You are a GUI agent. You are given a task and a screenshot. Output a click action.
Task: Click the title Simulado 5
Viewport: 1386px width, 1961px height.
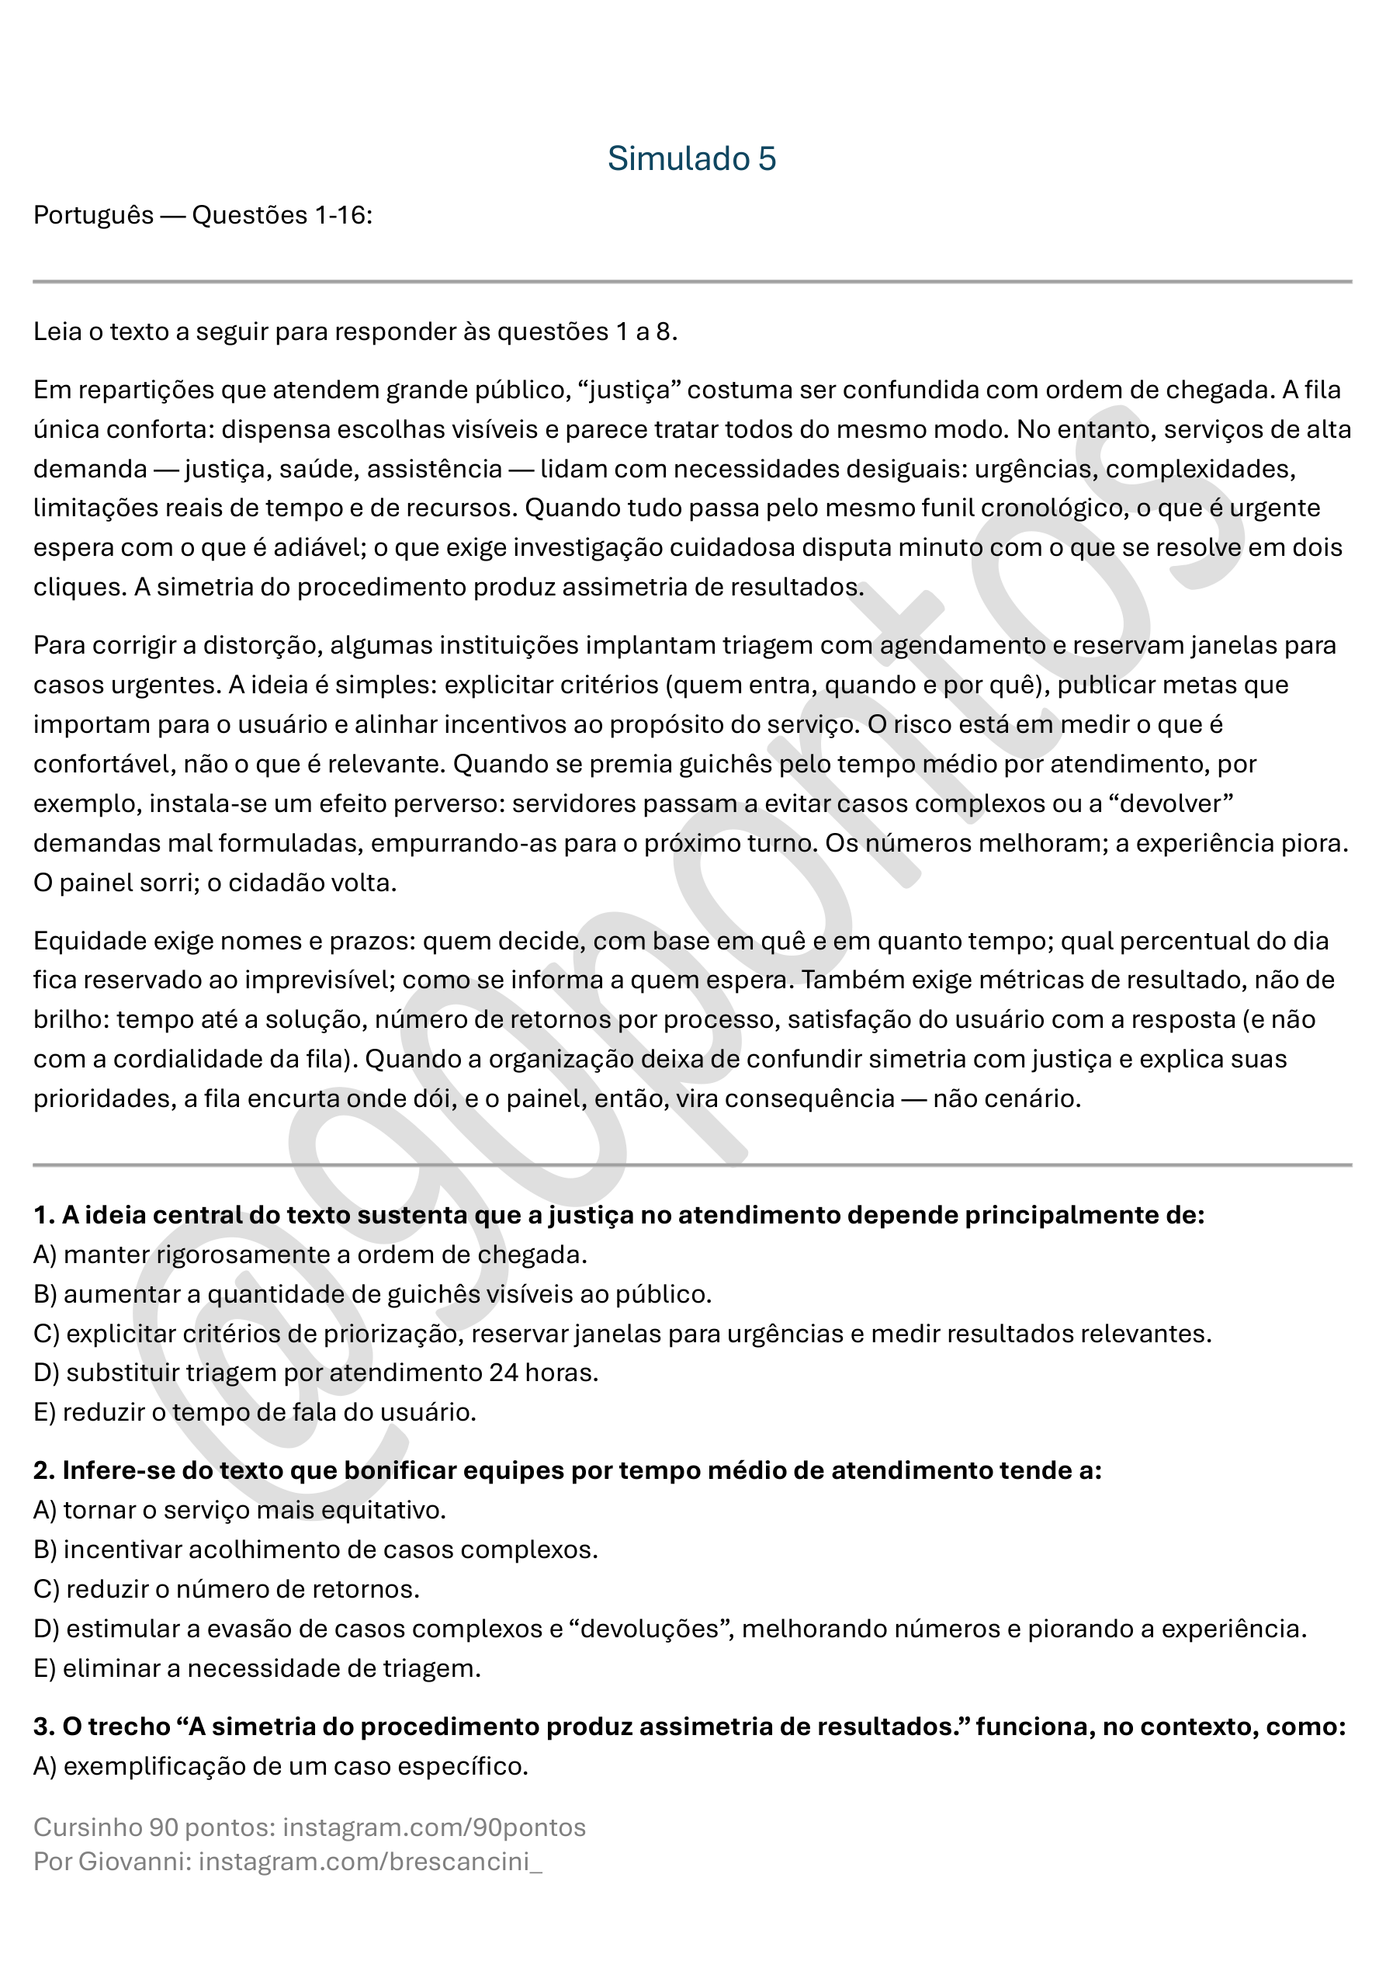pyautogui.click(x=691, y=159)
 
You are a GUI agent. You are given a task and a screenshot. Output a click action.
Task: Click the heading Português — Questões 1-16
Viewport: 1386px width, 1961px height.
pyautogui.click(x=203, y=215)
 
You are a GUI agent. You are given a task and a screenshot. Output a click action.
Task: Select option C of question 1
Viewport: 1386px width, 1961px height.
pyautogui.click(x=622, y=1333)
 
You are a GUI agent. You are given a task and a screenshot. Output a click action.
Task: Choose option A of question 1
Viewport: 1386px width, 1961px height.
pyautogui.click(x=310, y=1255)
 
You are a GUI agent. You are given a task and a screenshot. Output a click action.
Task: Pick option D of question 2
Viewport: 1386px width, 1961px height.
pyautogui.click(x=670, y=1629)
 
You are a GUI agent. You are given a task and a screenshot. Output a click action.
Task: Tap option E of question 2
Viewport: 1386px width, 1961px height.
pyautogui.click(x=257, y=1668)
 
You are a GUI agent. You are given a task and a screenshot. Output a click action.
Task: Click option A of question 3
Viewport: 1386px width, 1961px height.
pyautogui.click(x=281, y=1766)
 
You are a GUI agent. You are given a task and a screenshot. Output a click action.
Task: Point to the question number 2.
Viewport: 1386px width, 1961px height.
pyautogui.click(x=43, y=1470)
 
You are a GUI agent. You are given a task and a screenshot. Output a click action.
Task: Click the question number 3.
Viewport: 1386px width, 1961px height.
pyautogui.click(x=43, y=1727)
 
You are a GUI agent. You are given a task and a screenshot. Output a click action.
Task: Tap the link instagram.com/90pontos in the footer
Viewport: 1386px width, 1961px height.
pyautogui.click(x=434, y=1827)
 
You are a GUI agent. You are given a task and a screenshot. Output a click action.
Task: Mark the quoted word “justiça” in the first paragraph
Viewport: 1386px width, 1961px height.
pyautogui.click(x=629, y=390)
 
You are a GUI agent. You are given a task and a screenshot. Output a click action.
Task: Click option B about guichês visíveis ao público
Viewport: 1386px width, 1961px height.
pyautogui.click(x=372, y=1294)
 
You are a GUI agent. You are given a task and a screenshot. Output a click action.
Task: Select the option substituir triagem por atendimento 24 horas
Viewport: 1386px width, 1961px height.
pyautogui.click(x=316, y=1373)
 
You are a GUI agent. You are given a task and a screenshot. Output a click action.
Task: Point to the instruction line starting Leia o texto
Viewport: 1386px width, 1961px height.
pyautogui.click(x=355, y=331)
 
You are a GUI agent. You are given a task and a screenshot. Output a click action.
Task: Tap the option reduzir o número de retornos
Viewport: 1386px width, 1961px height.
pyautogui.click(x=227, y=1589)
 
